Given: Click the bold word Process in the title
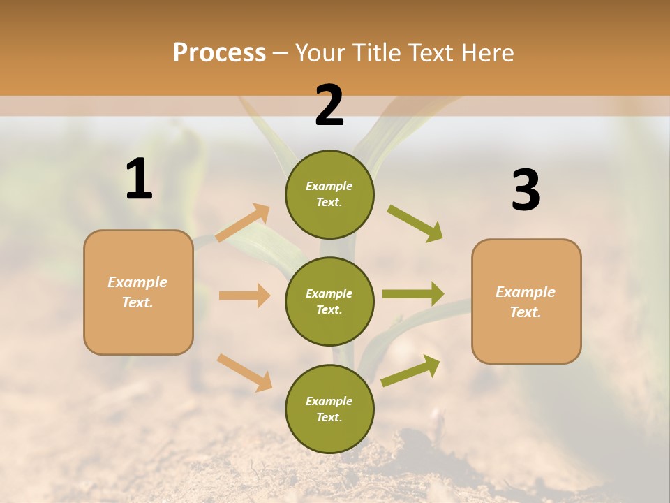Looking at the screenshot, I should point(219,53).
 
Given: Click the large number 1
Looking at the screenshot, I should point(139,180).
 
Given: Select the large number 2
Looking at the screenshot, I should point(329,105).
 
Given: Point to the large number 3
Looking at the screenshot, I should point(526,190).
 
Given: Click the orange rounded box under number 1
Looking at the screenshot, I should point(138,292).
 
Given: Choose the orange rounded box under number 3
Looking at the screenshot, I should point(526,302).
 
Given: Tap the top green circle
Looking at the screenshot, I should point(329,194).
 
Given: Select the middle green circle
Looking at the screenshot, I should point(329,301).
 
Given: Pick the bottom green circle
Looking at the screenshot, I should point(329,409).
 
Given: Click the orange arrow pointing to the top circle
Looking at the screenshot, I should point(243,222).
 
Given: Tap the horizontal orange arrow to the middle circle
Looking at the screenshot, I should point(244,296).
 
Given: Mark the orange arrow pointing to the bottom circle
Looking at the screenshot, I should point(244,372).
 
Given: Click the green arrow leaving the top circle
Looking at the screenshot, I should point(415,224).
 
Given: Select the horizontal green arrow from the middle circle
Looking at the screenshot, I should point(413,293).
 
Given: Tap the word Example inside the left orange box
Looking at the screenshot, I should point(137,282).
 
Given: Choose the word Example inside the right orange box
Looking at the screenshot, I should point(526,292).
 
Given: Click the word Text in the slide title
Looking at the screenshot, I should point(430,53).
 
